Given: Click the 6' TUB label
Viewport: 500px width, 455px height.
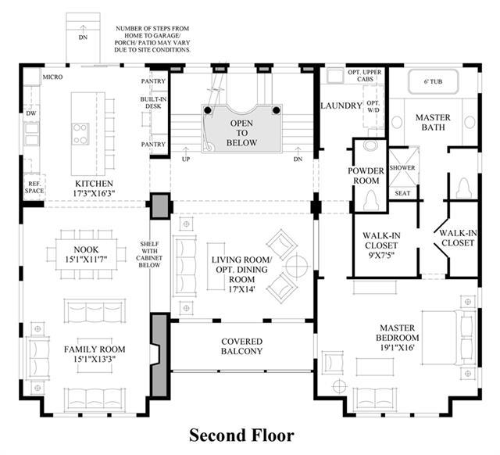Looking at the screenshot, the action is point(433,81).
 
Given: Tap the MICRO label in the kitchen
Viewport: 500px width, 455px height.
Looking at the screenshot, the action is point(52,77).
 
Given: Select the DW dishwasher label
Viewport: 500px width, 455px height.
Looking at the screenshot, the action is point(31,113).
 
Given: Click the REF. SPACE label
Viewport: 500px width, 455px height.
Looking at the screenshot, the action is point(34,188).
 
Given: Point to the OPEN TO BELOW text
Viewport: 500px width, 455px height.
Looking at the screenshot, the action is point(241,133).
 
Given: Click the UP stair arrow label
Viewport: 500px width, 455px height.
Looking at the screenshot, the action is point(186,159).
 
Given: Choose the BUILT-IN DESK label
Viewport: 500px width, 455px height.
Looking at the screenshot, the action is point(153,102).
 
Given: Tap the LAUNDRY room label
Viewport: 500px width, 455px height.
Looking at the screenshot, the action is point(341,106).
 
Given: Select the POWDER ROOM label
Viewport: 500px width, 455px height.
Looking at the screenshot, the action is point(366,175).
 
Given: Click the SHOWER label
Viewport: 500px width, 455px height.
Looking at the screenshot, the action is point(402,167).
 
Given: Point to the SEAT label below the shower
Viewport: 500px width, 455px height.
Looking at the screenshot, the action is point(402,193).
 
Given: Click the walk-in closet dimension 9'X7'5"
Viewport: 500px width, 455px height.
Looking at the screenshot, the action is point(381,256).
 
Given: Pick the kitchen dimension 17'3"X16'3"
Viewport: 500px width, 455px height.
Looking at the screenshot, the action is point(94,193).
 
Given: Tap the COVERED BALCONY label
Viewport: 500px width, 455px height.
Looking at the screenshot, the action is point(241,346).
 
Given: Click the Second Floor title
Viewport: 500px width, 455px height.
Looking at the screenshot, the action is point(241,435).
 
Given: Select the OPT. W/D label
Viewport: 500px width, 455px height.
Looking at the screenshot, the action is point(373,106).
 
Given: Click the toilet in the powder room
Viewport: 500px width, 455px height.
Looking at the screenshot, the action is point(371,199).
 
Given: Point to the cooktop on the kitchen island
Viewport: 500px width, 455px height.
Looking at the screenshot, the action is point(80,134).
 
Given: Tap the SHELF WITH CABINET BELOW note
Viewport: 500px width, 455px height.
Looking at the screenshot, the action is point(149,254).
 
